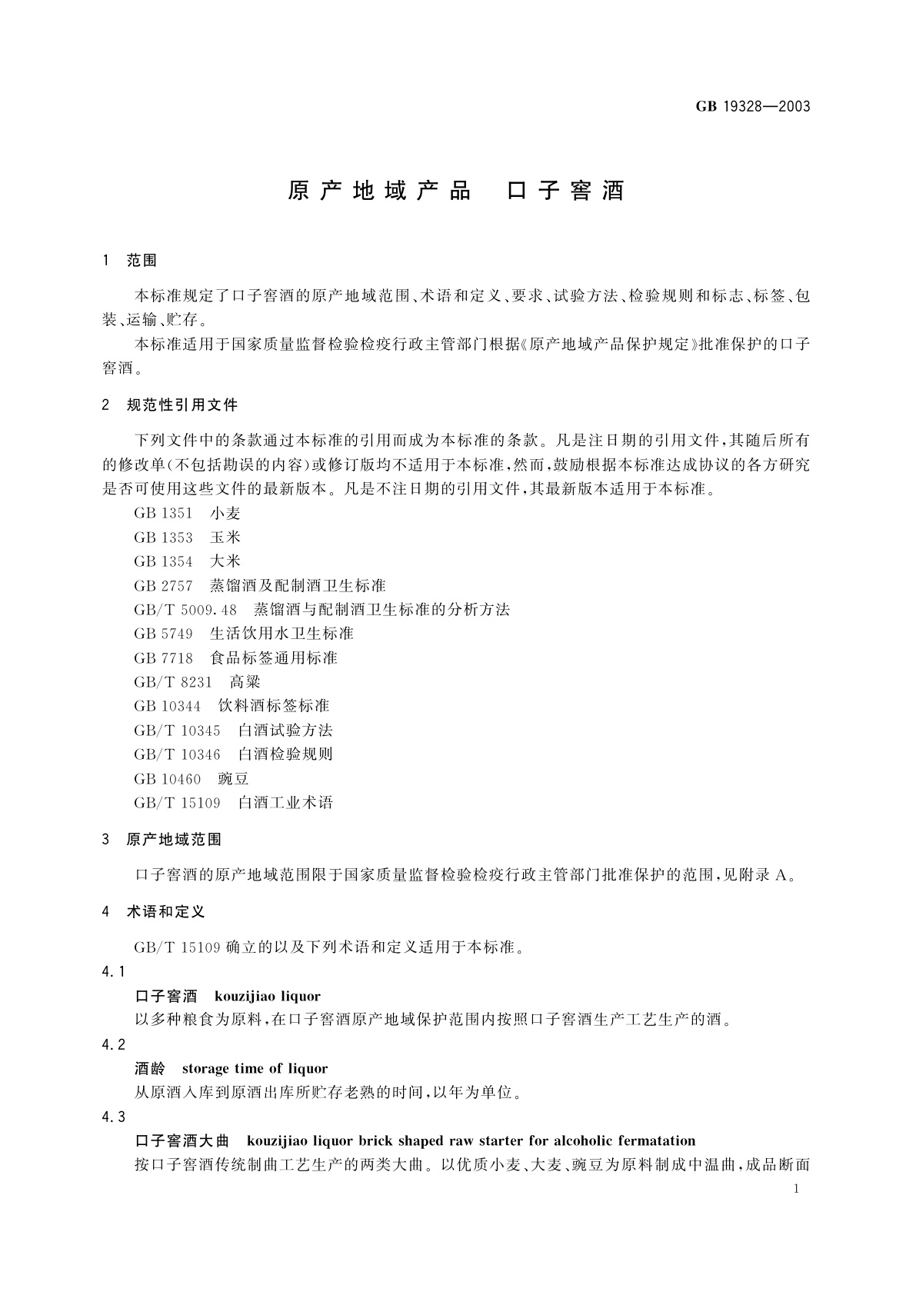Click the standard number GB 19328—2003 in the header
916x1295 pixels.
(x=753, y=106)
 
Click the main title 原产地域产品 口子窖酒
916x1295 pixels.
(x=456, y=191)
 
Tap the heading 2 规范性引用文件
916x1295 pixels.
(x=170, y=404)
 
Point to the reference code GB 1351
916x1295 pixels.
(x=164, y=514)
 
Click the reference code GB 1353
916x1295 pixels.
(x=164, y=538)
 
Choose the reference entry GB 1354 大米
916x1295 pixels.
(x=187, y=561)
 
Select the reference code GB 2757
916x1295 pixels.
(x=164, y=586)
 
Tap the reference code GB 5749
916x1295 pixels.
(x=164, y=634)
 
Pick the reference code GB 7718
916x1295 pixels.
(x=164, y=658)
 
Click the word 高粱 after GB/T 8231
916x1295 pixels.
(x=245, y=682)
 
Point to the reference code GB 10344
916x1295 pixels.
(x=168, y=706)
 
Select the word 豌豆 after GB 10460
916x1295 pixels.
(x=234, y=778)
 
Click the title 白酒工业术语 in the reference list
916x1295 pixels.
(x=285, y=803)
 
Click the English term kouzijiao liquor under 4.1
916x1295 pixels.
(x=268, y=997)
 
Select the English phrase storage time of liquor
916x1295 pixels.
(x=255, y=1069)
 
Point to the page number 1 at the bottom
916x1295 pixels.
(x=796, y=1189)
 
